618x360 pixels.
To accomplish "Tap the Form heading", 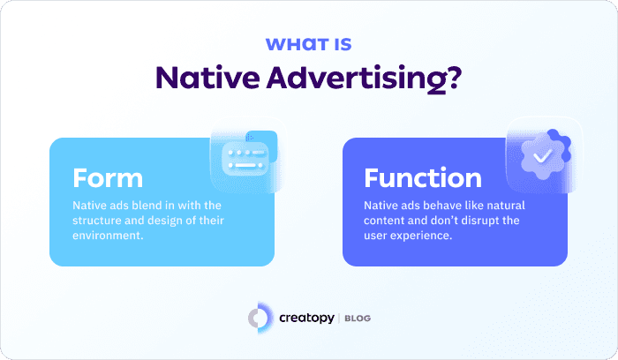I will click(x=108, y=177).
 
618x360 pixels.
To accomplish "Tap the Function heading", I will click(x=423, y=177).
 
